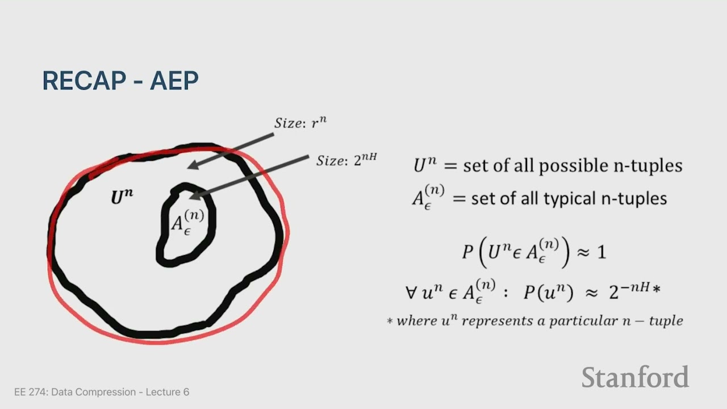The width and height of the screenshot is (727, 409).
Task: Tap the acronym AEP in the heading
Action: [x=174, y=81]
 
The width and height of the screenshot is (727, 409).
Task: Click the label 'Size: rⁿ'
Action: [x=300, y=123]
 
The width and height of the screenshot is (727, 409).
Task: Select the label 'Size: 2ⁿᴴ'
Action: [x=346, y=160]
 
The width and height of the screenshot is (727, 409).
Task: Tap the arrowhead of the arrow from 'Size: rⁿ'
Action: [x=191, y=165]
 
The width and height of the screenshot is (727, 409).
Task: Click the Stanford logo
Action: [x=635, y=378]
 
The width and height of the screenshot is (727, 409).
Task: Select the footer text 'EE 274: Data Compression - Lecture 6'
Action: [x=102, y=392]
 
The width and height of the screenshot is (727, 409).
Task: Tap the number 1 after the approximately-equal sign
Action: [x=601, y=252]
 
